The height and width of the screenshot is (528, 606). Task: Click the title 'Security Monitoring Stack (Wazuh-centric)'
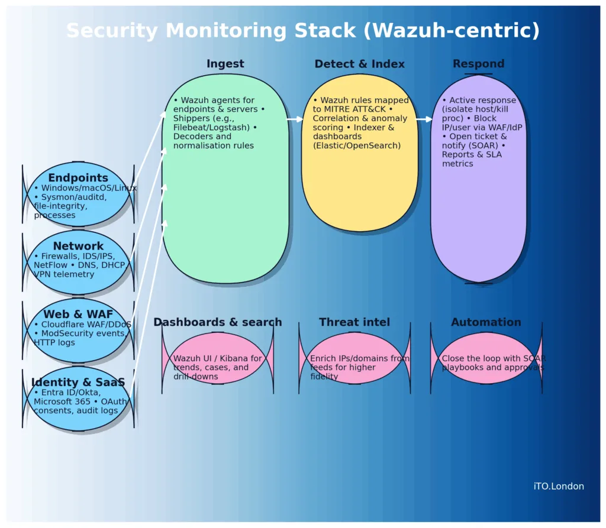pos(302,31)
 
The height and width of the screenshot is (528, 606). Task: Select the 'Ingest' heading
pos(225,64)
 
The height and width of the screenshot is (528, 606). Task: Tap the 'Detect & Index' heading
pos(359,64)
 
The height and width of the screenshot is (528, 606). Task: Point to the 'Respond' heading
pos(478,64)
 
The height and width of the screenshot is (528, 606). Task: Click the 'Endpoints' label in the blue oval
pos(78,178)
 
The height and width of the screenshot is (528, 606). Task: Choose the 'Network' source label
pos(78,246)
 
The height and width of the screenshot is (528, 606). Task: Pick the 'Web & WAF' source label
pos(78,315)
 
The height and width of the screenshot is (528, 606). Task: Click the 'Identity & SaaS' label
pos(78,383)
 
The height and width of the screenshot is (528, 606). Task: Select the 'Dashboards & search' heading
pos(217,322)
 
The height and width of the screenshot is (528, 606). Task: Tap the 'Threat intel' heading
pos(354,322)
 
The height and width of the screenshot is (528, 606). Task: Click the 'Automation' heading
pos(486,322)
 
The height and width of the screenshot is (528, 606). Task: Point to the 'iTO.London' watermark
pos(558,487)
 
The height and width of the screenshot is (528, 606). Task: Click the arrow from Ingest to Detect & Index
pos(295,119)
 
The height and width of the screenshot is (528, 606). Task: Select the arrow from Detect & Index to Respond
pos(424,119)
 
